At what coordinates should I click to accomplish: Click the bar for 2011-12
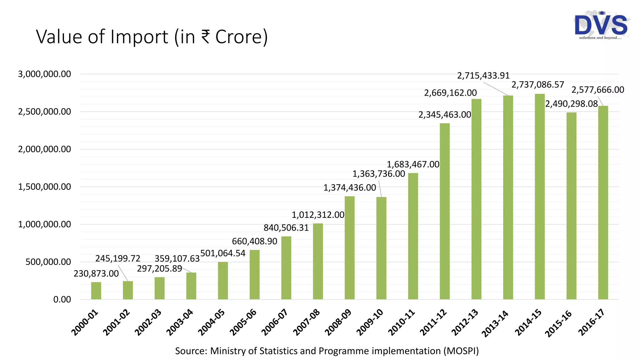[444, 211]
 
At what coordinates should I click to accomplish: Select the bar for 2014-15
[539, 197]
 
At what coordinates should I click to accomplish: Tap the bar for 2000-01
[96, 291]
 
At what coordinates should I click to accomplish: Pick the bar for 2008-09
[349, 247]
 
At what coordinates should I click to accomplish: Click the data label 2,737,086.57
[537, 85]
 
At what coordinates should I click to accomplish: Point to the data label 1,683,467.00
[413, 164]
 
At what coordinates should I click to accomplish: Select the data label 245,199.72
[117, 258]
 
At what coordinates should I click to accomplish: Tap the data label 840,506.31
[286, 228]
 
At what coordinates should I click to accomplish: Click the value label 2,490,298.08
[571, 104]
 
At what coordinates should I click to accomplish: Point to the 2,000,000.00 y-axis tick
[44, 149]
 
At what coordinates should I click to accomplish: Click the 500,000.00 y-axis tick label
[48, 262]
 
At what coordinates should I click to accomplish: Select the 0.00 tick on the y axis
[62, 299]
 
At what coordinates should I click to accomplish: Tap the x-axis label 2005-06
[243, 322]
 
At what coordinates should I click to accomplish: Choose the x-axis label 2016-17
[591, 322]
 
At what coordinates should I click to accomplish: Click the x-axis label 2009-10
[370, 322]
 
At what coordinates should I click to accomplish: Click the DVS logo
[601, 26]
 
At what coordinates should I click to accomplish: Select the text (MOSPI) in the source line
[461, 351]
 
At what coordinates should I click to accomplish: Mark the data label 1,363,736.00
[378, 174]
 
